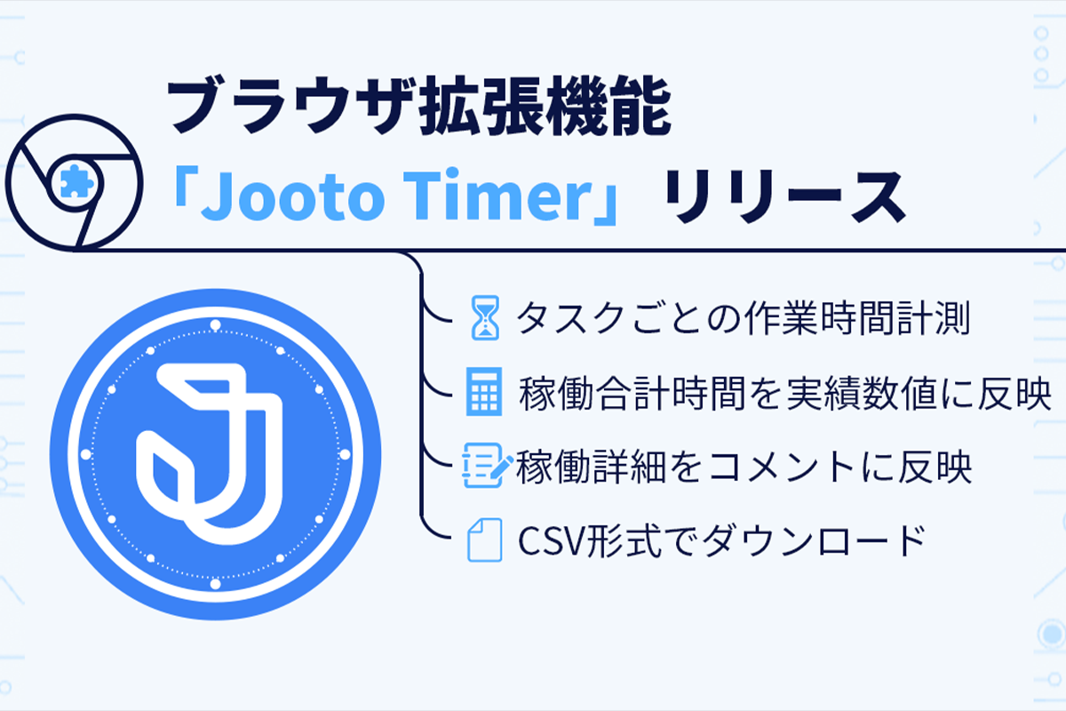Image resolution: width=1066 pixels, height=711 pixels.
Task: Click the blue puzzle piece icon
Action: coord(76,181)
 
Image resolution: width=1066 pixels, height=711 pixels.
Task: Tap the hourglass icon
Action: coord(485,317)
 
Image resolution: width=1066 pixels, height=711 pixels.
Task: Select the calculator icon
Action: coord(484,391)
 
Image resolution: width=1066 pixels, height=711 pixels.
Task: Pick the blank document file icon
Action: coord(485,540)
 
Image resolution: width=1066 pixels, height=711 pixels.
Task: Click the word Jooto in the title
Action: coord(292,195)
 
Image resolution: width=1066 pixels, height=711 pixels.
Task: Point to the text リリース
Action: coord(785,196)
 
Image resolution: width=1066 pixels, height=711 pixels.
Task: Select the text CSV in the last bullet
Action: coord(552,541)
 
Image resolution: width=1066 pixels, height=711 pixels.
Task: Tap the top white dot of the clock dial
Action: coord(216,324)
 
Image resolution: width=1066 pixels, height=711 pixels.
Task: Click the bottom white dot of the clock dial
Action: coord(216,584)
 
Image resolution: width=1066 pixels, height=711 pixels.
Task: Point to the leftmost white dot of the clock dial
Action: coord(86,454)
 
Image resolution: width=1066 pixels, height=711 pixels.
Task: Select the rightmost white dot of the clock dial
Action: coord(345,454)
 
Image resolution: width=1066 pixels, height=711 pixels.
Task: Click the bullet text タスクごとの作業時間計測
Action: coord(744,318)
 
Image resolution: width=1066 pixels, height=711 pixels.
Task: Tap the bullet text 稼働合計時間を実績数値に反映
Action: coord(785,394)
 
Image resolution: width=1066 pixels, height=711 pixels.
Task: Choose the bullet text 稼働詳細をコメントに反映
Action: coord(744,467)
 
